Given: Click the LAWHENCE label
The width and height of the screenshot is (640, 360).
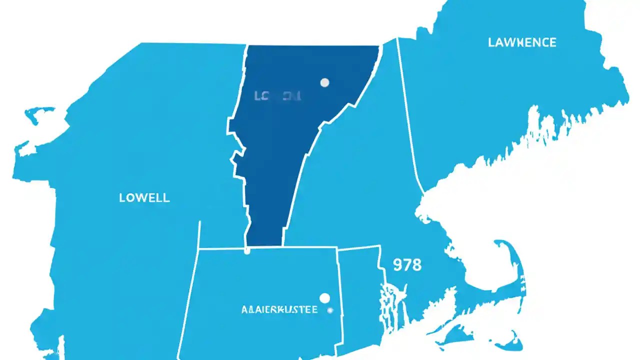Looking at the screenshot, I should (x=521, y=42).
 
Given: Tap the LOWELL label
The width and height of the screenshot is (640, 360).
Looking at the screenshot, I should (x=144, y=197).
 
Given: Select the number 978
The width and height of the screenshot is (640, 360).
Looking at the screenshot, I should (x=407, y=264).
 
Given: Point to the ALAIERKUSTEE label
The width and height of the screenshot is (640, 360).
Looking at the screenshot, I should (x=279, y=310).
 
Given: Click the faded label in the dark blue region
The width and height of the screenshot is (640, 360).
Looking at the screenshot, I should (x=277, y=95).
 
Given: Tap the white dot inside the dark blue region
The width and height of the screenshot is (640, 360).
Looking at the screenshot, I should (x=325, y=82).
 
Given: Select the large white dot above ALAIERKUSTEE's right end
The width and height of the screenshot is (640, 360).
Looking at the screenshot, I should (x=325, y=298).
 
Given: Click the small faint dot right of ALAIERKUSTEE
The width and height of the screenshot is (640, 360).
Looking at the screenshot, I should (x=330, y=310).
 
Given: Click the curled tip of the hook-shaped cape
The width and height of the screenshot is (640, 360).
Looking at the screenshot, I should (x=500, y=245).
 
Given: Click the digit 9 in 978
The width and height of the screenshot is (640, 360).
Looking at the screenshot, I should (x=398, y=264).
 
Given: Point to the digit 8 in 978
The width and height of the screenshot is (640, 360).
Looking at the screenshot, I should (x=417, y=264).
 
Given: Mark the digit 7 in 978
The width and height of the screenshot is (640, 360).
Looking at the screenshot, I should (x=407, y=264).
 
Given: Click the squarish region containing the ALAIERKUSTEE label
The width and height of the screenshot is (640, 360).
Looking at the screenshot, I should (x=260, y=290).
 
